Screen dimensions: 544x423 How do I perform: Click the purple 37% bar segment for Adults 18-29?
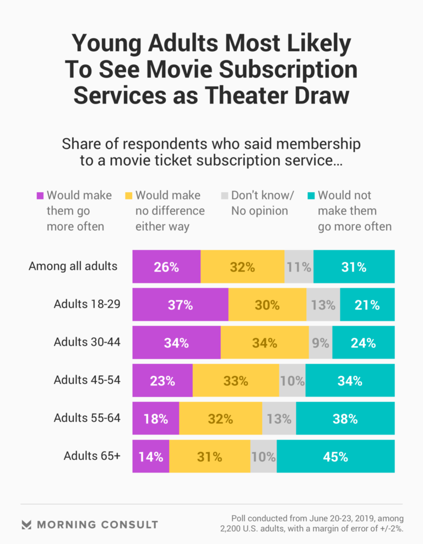point(180,304)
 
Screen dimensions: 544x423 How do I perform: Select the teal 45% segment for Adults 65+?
point(335,456)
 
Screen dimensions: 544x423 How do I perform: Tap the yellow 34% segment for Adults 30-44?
point(264,342)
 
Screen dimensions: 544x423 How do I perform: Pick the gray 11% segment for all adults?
point(299,266)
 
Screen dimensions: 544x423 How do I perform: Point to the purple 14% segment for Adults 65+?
point(150,456)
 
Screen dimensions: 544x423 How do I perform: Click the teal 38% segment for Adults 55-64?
point(345,418)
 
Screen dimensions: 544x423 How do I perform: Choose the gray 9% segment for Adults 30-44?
point(321,342)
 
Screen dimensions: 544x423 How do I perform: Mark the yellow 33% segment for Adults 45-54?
point(236,380)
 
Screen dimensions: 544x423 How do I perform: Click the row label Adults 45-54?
point(87,379)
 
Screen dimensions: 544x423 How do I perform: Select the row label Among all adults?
point(73,266)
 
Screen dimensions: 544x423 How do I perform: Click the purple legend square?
point(40,196)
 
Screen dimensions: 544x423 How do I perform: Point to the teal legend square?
point(311,196)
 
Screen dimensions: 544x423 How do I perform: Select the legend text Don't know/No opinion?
point(263,203)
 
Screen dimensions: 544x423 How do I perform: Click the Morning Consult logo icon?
point(26,524)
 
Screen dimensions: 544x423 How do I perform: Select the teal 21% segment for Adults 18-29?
point(367,304)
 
